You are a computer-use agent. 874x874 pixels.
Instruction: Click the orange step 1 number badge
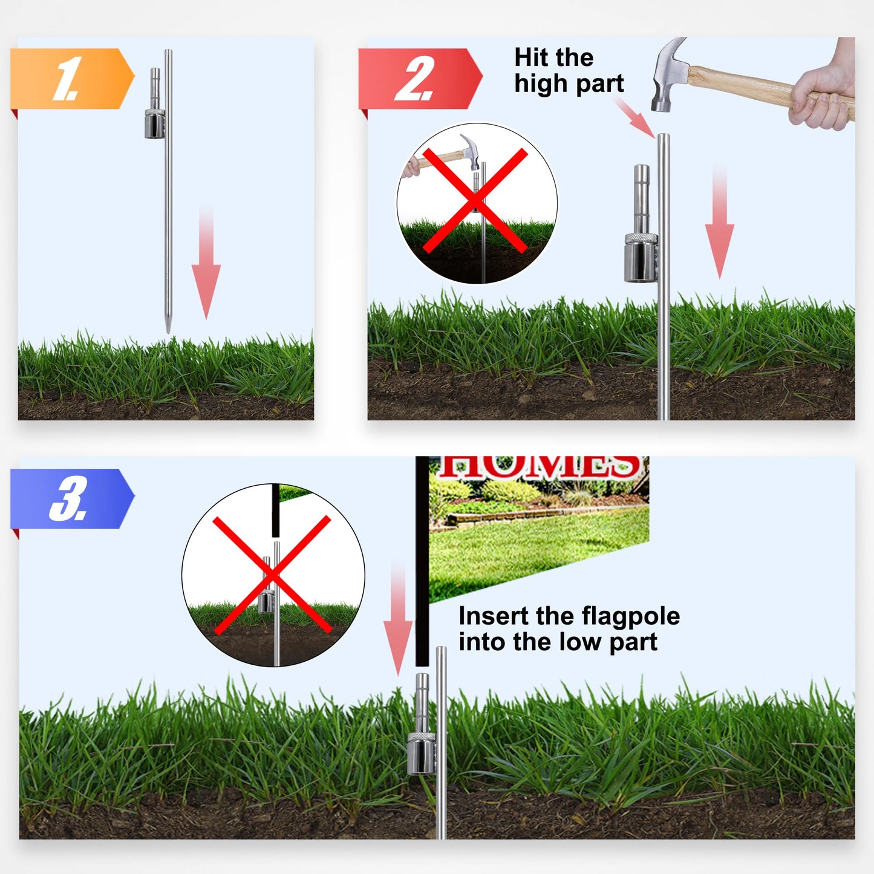click(70, 79)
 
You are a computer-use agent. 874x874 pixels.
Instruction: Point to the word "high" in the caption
click(540, 84)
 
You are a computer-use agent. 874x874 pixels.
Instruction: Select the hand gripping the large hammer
click(825, 91)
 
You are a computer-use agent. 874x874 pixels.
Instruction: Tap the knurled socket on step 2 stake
click(641, 257)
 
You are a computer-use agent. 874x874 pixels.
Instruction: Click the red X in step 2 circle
click(475, 201)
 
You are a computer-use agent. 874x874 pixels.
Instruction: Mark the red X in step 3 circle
click(272, 575)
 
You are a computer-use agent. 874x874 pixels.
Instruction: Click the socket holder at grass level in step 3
click(422, 753)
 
